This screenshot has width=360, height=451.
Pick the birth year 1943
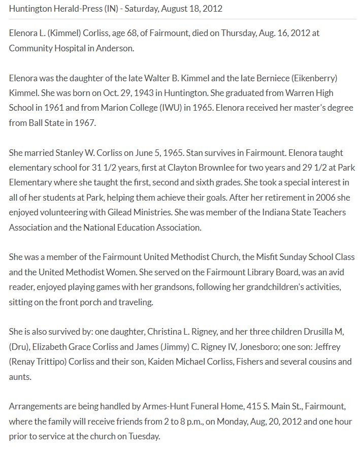[130, 93]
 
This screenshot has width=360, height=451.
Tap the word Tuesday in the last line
[145, 436]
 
